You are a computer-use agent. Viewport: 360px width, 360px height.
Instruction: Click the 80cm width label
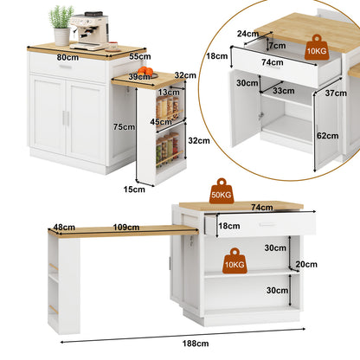click(67, 57)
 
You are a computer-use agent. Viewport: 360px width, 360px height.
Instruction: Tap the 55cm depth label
click(140, 56)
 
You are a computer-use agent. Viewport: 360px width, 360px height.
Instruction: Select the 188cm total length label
click(196, 344)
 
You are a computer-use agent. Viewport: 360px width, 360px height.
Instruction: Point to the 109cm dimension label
click(126, 227)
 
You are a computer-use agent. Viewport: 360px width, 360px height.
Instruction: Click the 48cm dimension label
click(64, 227)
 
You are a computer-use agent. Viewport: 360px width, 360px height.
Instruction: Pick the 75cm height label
click(124, 126)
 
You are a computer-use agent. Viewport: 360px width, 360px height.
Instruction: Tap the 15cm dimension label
click(134, 190)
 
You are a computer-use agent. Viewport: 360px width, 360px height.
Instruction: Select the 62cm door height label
click(328, 136)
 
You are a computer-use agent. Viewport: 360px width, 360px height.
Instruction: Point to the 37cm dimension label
click(336, 93)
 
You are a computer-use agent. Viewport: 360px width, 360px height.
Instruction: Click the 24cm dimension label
click(247, 34)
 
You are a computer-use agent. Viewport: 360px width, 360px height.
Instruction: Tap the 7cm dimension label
click(278, 45)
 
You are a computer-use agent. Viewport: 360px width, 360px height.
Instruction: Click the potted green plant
click(61, 25)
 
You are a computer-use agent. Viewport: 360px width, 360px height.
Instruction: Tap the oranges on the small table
click(145, 71)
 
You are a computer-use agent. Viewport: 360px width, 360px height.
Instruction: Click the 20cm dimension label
click(306, 264)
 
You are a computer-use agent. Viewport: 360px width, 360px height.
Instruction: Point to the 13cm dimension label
click(169, 93)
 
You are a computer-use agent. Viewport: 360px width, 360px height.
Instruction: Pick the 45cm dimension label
click(161, 122)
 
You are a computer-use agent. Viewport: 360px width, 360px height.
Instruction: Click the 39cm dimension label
click(139, 77)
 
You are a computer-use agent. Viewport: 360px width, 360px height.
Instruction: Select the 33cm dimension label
click(284, 91)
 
